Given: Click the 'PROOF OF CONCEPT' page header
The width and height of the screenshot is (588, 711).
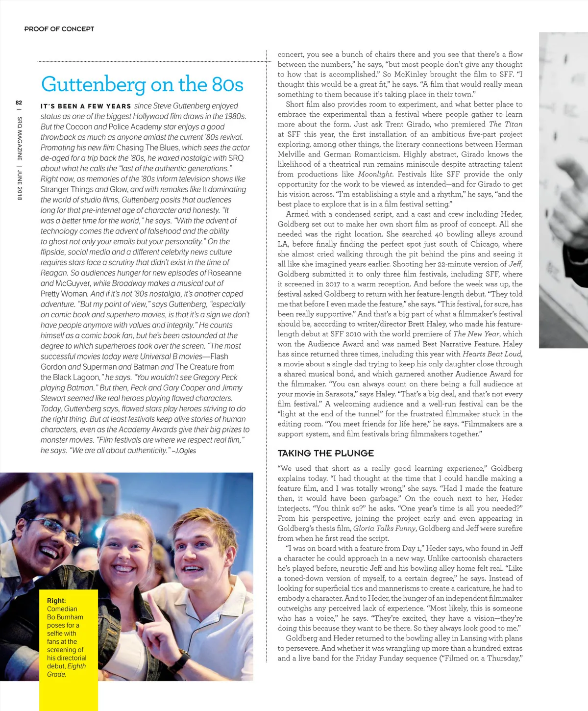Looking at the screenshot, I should (59, 29).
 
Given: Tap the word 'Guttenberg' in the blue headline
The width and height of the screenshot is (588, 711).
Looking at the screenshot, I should (94, 84).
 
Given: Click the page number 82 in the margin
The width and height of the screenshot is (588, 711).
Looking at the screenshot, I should (19, 103).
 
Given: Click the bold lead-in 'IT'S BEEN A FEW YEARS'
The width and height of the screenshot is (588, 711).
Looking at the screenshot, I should (86, 106).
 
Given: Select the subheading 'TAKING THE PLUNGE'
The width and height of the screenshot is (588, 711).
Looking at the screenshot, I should (325, 453).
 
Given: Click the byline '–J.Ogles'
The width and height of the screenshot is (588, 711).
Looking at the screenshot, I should (184, 451).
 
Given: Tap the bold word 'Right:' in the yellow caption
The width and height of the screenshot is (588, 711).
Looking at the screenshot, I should (56, 601).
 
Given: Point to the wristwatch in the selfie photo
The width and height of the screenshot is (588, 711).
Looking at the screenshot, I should (180, 661).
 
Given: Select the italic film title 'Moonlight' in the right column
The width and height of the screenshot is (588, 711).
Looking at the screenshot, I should (375, 174).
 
